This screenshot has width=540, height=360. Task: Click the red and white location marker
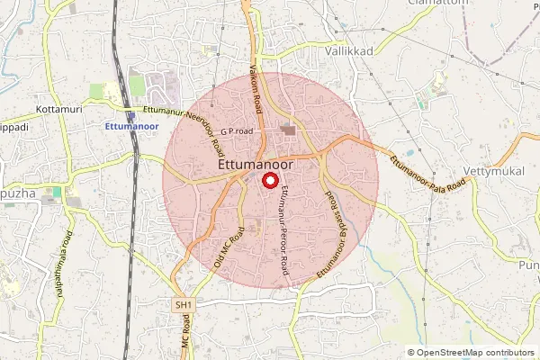(x=269, y=180)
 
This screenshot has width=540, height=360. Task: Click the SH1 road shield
(x=184, y=306)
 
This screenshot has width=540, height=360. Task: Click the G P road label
(x=237, y=131)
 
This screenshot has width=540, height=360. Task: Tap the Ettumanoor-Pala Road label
(x=428, y=171)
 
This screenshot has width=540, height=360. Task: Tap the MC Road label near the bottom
(x=187, y=343)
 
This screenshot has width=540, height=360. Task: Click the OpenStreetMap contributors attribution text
(x=476, y=353)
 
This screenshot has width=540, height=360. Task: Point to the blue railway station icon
(x=131, y=115)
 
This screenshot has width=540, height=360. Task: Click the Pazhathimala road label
(x=64, y=255)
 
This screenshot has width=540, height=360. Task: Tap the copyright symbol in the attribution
(x=411, y=353)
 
